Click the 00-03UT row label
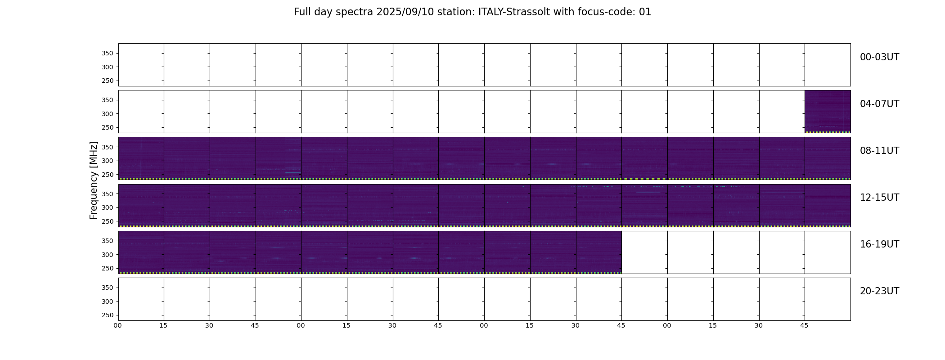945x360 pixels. pyautogui.click(x=879, y=57)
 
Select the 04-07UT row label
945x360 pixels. pyautogui.click(x=879, y=104)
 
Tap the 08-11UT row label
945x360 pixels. pyautogui.click(x=879, y=151)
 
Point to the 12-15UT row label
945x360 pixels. pyautogui.click(x=879, y=198)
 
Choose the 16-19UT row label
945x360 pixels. pyautogui.click(x=879, y=244)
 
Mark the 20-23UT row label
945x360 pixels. pyautogui.click(x=879, y=291)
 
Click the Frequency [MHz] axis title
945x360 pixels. pyautogui.click(x=94, y=180)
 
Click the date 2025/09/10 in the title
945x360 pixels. pyautogui.click(x=405, y=12)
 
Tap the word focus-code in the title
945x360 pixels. pyautogui.click(x=610, y=12)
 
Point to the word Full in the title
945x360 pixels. pyautogui.click(x=302, y=12)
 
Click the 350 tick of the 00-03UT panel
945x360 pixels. pyautogui.click(x=108, y=54)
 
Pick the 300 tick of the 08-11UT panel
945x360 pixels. pyautogui.click(x=108, y=161)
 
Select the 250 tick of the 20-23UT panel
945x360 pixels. pyautogui.click(x=108, y=315)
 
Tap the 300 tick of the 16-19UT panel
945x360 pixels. pyautogui.click(x=108, y=255)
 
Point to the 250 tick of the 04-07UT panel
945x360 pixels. pyautogui.click(x=108, y=127)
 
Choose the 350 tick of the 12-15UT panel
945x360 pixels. pyautogui.click(x=108, y=194)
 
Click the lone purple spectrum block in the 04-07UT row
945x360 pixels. pyautogui.click(x=828, y=112)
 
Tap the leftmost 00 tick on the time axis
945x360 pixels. pyautogui.click(x=117, y=325)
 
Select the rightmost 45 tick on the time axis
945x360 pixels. pyautogui.click(x=804, y=325)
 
